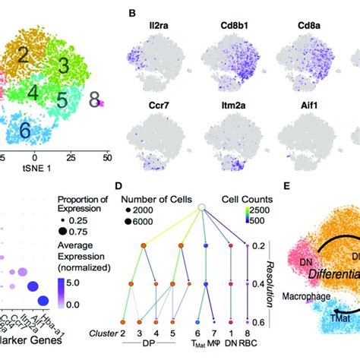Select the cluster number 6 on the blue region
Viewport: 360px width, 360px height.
[25, 131]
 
